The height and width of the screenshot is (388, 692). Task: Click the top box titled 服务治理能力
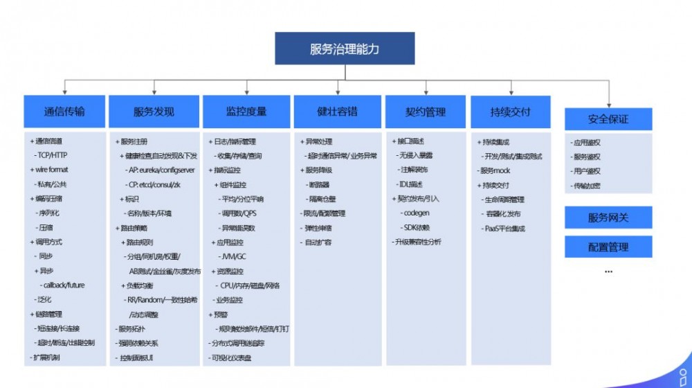[x=345, y=49]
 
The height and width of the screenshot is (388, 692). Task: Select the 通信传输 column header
[x=64, y=112]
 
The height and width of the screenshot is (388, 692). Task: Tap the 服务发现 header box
[x=154, y=112]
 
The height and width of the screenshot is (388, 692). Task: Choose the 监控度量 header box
[x=246, y=112]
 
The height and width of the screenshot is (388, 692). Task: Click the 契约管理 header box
[x=425, y=112]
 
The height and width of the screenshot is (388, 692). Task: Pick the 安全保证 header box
[x=608, y=119]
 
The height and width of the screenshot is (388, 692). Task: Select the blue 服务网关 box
[x=608, y=218]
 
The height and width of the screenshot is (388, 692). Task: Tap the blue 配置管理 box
[x=608, y=247]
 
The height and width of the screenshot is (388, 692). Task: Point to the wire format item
[x=51, y=170]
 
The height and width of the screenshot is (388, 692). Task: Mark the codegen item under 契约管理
[x=417, y=213]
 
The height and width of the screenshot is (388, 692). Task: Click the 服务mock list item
[x=495, y=170]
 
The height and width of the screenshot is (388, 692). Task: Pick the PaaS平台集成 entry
[x=505, y=228]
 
